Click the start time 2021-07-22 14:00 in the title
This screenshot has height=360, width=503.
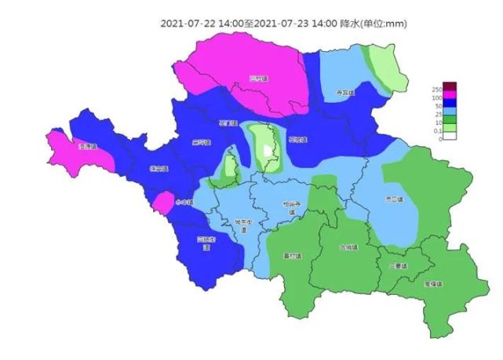tap(201, 23)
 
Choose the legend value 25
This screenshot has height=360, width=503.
tap(437, 115)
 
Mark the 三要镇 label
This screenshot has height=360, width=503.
tap(399, 267)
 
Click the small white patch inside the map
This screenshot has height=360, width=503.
tap(268, 151)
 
